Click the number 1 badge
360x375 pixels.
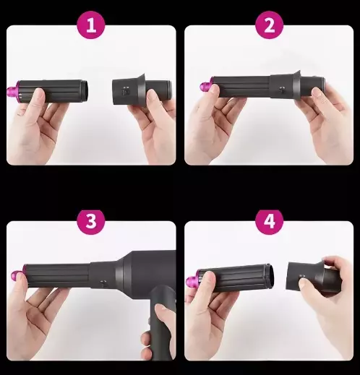pyautogui.click(x=91, y=25)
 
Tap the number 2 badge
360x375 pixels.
pyautogui.click(x=269, y=25)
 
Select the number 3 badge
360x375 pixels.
pyautogui.click(x=91, y=220)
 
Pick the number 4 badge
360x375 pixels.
pyautogui.click(x=269, y=220)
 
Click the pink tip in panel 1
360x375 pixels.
pyautogui.click(x=13, y=90)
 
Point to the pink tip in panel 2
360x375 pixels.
pyautogui.click(x=207, y=85)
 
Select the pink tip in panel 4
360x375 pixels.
pyautogui.click(x=194, y=280)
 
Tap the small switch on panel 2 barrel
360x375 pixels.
pyautogui.click(x=281, y=90)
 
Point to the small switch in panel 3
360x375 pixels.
pyautogui.click(x=103, y=283)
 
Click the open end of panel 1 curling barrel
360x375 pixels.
pyautogui.click(x=85, y=90)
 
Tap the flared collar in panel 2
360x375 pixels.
pyautogui.click(x=296, y=84)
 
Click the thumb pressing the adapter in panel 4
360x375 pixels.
pyautogui.click(x=304, y=285)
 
